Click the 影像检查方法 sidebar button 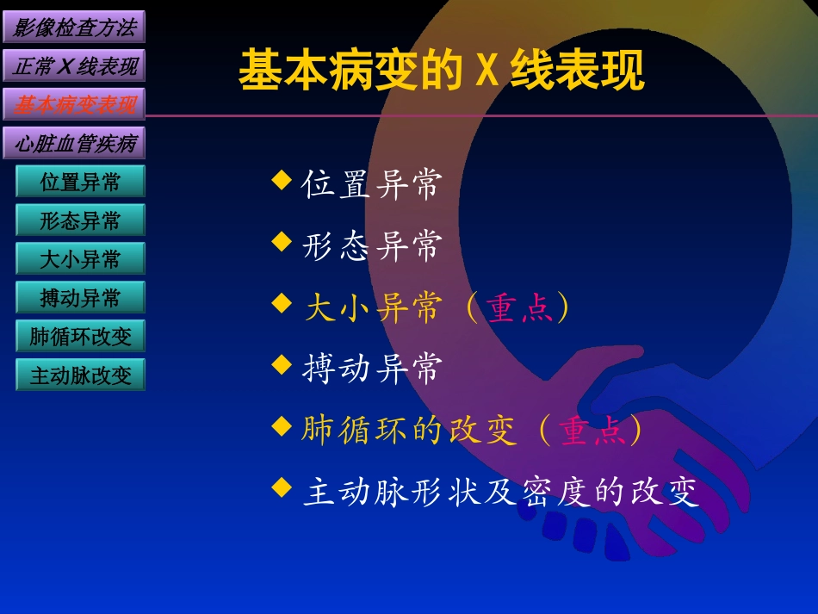pos(74,27)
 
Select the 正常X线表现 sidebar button pos(74,65)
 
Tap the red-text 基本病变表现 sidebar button pos(74,104)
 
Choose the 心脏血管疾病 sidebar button pos(74,143)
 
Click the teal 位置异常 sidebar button pos(80,182)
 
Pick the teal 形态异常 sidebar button pos(80,220)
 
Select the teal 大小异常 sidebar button pos(80,259)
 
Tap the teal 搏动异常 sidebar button pos(80,298)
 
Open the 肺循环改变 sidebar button pos(80,336)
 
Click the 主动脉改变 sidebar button pos(80,375)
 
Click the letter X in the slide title pos(487,71)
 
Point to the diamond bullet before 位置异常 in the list pos(282,179)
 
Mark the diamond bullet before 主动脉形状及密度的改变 pos(282,488)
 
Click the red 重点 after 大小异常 pos(519,307)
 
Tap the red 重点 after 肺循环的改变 pos(592,431)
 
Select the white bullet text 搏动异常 pos(372,369)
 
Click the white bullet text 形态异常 pos(372,245)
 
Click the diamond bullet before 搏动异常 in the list pos(282,364)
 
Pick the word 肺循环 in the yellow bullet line pos(354,431)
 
